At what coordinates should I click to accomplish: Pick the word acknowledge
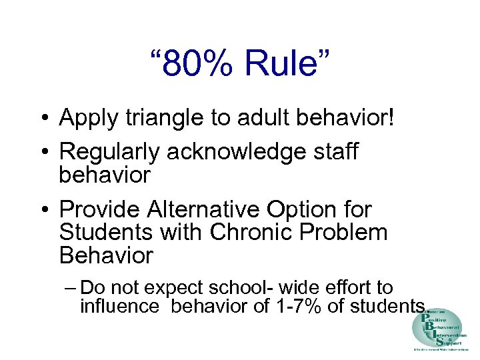pyautogui.click(x=231, y=152)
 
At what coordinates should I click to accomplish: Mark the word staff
pyautogui.click(x=331, y=151)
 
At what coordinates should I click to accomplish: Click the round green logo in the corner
pyautogui.click(x=438, y=329)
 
